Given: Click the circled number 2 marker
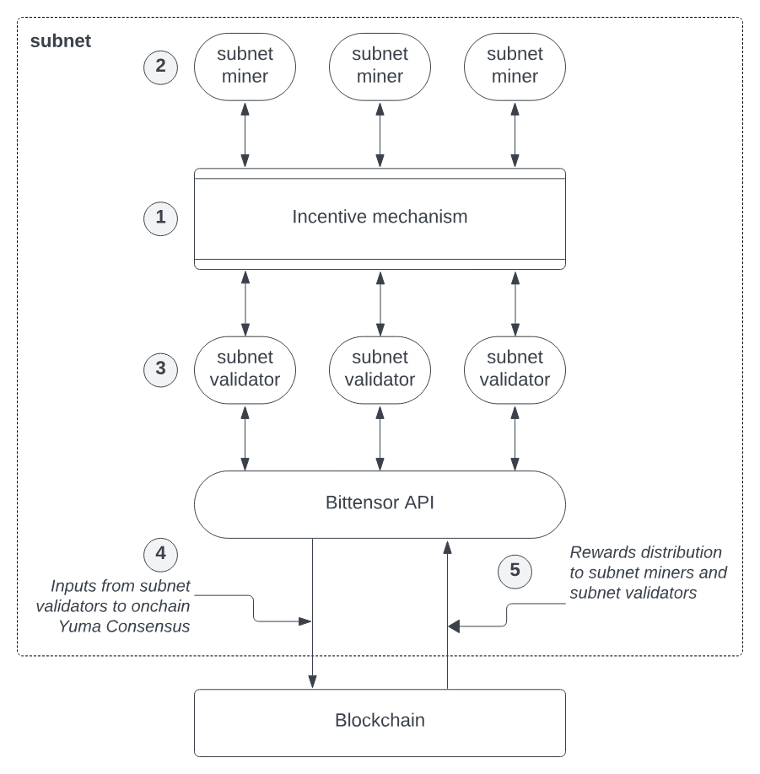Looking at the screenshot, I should (x=160, y=67).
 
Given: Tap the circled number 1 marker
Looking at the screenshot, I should (x=160, y=218).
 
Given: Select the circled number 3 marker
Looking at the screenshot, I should (x=160, y=369).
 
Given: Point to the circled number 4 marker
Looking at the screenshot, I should (x=160, y=554).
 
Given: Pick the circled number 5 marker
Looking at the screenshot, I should (x=515, y=571).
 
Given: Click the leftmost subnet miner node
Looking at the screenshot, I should (x=245, y=66).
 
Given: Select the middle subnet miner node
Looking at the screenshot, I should (x=380, y=66).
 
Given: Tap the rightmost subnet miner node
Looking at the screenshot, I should (x=515, y=66).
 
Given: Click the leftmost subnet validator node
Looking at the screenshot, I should (x=245, y=368).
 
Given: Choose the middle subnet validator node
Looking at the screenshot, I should (x=380, y=368).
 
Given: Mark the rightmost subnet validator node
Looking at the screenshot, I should (x=515, y=368).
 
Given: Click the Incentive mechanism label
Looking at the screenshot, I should (x=380, y=217).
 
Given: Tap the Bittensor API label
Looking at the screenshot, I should (x=380, y=503).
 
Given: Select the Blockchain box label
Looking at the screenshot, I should (x=380, y=721).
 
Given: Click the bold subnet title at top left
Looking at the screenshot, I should (x=60, y=40).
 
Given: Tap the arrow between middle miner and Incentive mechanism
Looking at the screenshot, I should (x=380, y=135).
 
